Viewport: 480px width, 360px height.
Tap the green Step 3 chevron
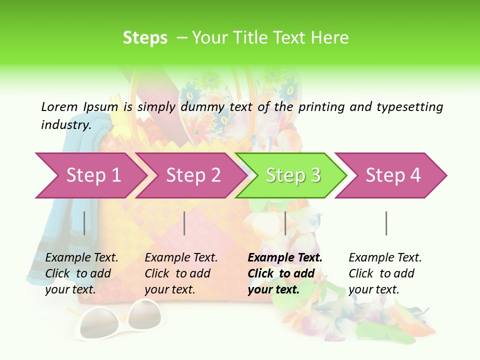pyautogui.click(x=292, y=175)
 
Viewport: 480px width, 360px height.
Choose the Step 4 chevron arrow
pyautogui.click(x=392, y=175)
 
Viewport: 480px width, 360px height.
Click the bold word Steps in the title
pyautogui.click(x=145, y=37)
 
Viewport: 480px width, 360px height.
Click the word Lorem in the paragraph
pyautogui.click(x=59, y=106)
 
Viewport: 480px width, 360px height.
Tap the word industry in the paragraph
pyautogui.click(x=66, y=125)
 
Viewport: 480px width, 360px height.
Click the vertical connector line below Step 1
pyautogui.click(x=84, y=223)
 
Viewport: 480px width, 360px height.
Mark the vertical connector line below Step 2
pyautogui.click(x=184, y=223)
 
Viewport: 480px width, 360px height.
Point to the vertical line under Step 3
pyautogui.click(x=285, y=223)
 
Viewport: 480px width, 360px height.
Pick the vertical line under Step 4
pyautogui.click(x=386, y=223)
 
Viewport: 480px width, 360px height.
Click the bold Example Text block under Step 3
pyautogui.click(x=284, y=273)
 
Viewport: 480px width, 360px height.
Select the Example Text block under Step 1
pyautogui.click(x=81, y=273)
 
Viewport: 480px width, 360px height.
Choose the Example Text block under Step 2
pyautogui.click(x=181, y=273)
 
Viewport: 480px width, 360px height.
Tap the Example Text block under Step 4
pyautogui.click(x=384, y=273)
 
